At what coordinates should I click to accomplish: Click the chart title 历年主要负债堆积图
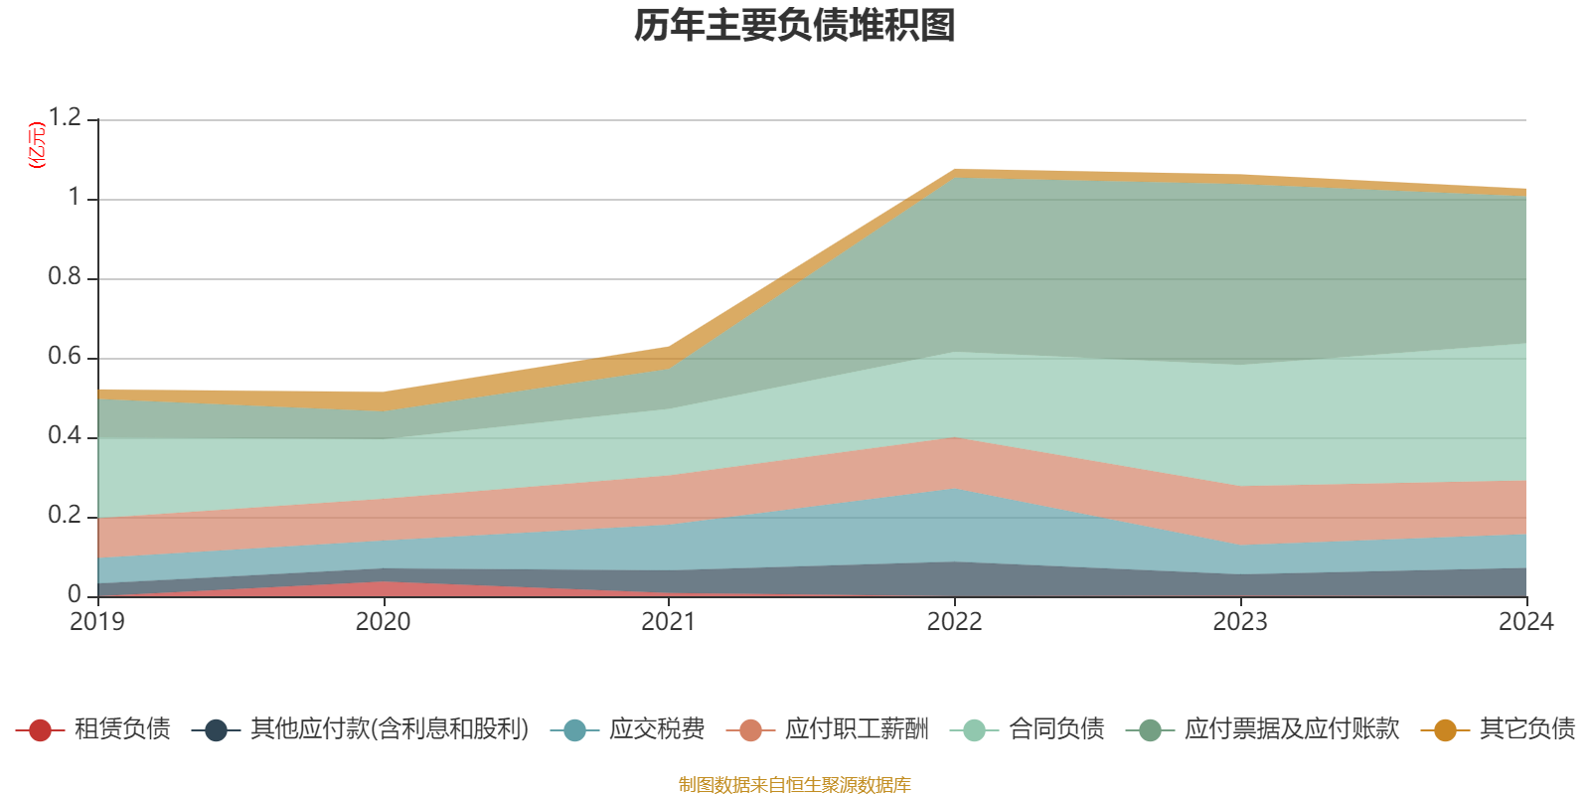pyautogui.click(x=795, y=26)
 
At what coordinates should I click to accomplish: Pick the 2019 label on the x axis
pyautogui.click(x=97, y=622)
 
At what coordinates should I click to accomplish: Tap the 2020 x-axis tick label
pyautogui.click(x=384, y=622)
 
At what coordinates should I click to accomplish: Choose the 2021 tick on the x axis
pyautogui.click(x=669, y=622)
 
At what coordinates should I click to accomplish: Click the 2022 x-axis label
pyautogui.click(x=954, y=622)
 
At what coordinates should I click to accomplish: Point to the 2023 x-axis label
pyautogui.click(x=1240, y=622)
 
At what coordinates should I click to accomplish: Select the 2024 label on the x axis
pyautogui.click(x=1525, y=622)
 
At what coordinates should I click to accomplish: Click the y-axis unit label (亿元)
pyautogui.click(x=38, y=145)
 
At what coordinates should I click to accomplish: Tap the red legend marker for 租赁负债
pyautogui.click(x=40, y=730)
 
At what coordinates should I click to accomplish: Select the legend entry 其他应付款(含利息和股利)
pyautogui.click(x=389, y=729)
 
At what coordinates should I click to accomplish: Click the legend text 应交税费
pyautogui.click(x=657, y=729)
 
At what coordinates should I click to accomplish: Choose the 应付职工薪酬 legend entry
pyautogui.click(x=857, y=729)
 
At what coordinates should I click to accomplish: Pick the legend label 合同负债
pyautogui.click(x=1056, y=729)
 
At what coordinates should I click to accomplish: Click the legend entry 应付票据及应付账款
pyautogui.click(x=1291, y=729)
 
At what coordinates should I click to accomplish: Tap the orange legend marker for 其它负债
pyautogui.click(x=1445, y=730)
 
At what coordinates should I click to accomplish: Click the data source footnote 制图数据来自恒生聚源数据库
pyautogui.click(x=795, y=785)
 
